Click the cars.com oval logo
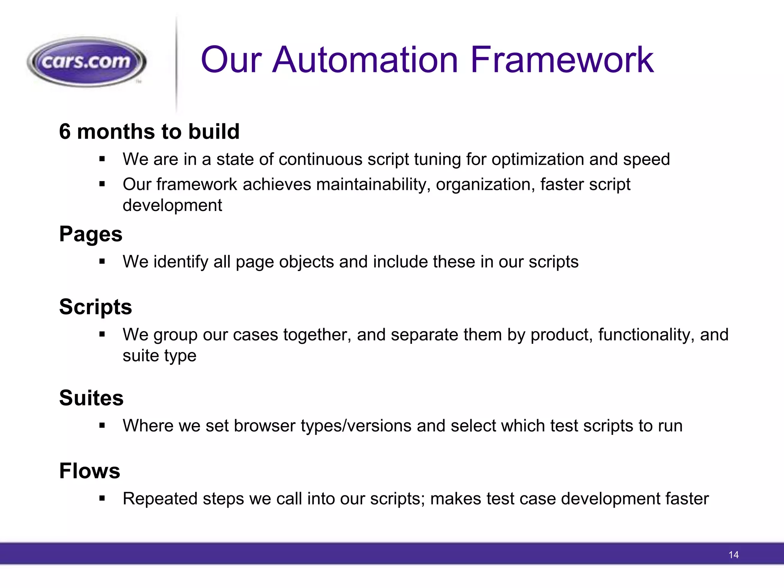pos(87,62)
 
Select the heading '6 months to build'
pos(149,131)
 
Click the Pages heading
pos(91,234)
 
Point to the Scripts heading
pos(95,307)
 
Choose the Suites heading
pos(91,398)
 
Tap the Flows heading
pos(90,470)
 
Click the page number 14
pos(733,555)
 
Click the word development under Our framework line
pos(172,206)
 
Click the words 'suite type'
pos(159,356)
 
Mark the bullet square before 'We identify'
pos(102,262)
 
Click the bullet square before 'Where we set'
pos(102,426)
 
